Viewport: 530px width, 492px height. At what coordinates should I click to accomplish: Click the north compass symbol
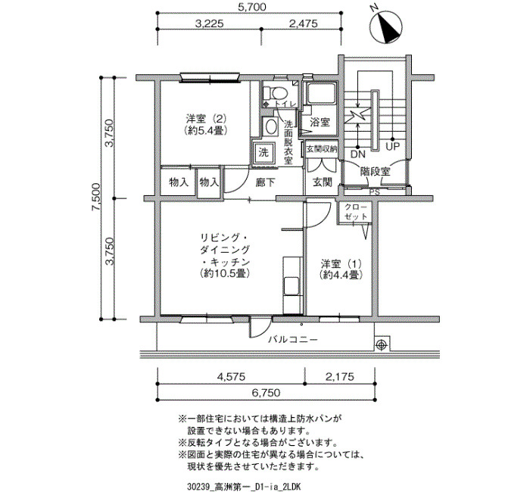point(388,26)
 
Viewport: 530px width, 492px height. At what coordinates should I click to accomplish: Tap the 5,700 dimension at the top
point(252,7)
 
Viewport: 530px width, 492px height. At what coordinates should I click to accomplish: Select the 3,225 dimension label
point(210,23)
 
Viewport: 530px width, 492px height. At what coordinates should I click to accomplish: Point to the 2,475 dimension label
point(303,23)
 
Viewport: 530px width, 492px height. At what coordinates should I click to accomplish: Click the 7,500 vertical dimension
point(95,198)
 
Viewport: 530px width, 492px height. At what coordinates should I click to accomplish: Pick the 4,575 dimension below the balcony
point(230,376)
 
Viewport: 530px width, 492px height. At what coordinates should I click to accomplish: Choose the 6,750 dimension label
point(266,393)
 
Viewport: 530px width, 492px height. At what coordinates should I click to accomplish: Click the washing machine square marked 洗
point(263,153)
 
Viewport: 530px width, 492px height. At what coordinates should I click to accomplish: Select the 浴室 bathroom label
point(320,122)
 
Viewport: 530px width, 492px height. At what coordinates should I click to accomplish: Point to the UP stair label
point(392,147)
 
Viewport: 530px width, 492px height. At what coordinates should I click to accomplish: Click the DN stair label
point(358,154)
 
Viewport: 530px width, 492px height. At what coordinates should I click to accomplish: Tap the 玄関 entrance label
point(322,182)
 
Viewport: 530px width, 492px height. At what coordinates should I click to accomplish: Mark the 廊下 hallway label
point(265,182)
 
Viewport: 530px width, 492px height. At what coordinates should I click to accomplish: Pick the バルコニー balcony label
point(294,339)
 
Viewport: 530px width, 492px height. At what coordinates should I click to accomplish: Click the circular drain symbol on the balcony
point(382,344)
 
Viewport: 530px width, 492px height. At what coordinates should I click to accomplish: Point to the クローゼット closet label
point(356,212)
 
